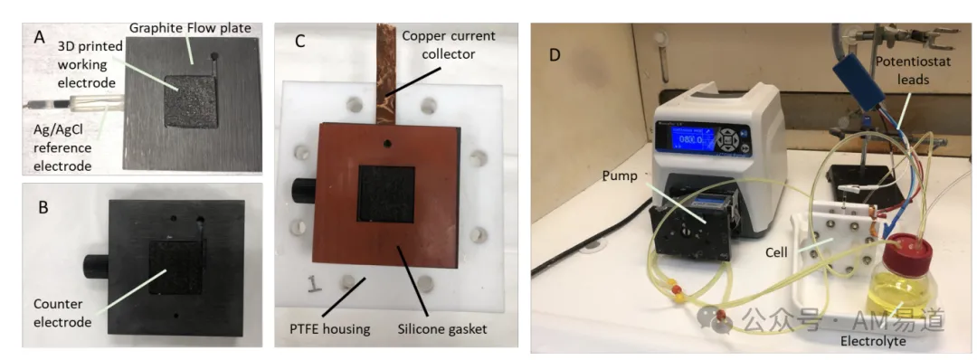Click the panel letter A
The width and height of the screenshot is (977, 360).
tap(39, 38)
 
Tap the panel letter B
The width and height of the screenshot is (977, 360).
tap(43, 207)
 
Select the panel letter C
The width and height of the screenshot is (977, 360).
tap(300, 43)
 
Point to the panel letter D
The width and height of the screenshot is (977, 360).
tap(555, 55)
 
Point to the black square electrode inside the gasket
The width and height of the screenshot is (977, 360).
tap(385, 193)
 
